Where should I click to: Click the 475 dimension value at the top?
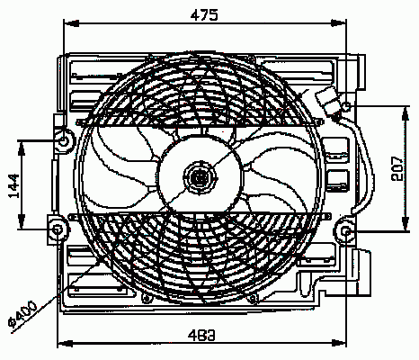[x=204, y=15]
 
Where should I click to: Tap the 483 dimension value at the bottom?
[x=201, y=335]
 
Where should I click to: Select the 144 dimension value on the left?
[x=13, y=186]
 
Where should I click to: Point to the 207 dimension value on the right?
[x=397, y=168]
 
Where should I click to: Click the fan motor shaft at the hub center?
[x=199, y=178]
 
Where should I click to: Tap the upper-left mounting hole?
[x=64, y=140]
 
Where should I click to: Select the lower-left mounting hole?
[x=58, y=229]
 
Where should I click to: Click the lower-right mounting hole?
[x=346, y=230]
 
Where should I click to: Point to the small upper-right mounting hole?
[x=346, y=106]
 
